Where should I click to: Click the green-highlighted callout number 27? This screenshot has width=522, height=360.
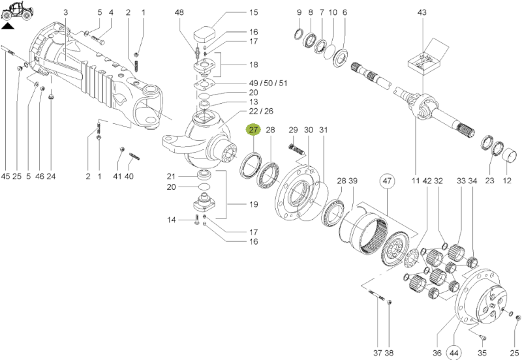[x=253, y=130]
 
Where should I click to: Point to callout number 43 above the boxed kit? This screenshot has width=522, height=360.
[x=422, y=12]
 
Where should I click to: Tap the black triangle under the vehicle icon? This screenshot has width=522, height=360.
[x=7, y=27]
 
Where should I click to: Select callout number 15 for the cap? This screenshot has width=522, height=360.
[x=254, y=12]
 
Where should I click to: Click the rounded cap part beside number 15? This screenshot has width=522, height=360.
[x=206, y=31]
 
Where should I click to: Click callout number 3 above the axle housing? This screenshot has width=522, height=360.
[x=66, y=12]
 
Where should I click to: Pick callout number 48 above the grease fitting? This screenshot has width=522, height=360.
[x=179, y=12]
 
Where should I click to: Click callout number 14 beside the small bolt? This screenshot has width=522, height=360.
[x=172, y=220]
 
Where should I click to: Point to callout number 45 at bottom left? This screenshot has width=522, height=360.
[x=5, y=177]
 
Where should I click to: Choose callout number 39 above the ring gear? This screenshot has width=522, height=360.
[x=353, y=180]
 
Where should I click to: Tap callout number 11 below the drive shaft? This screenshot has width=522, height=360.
[x=415, y=180]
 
